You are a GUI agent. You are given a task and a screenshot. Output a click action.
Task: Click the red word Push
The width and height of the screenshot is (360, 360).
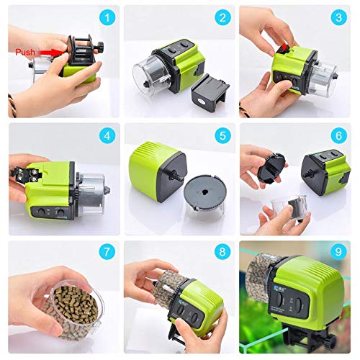[24, 53]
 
